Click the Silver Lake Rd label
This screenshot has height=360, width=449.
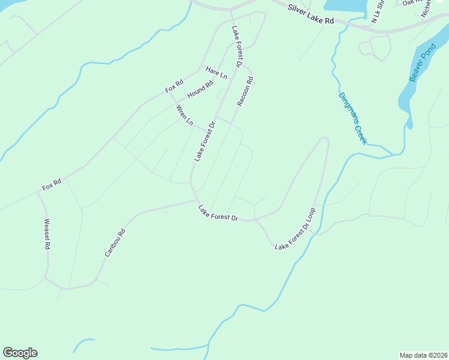310,14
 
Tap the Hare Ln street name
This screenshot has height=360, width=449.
216,73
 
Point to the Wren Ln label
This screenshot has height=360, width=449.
184,115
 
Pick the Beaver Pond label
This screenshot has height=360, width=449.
421,62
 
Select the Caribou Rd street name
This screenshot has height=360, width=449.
114,243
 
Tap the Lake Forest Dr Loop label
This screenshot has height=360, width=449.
295,230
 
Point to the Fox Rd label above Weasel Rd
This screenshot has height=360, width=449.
52,184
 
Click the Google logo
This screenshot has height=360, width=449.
20,353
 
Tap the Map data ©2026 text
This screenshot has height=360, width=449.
423,355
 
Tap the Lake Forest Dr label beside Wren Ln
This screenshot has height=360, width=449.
204,142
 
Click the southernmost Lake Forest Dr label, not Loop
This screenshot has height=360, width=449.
218,214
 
